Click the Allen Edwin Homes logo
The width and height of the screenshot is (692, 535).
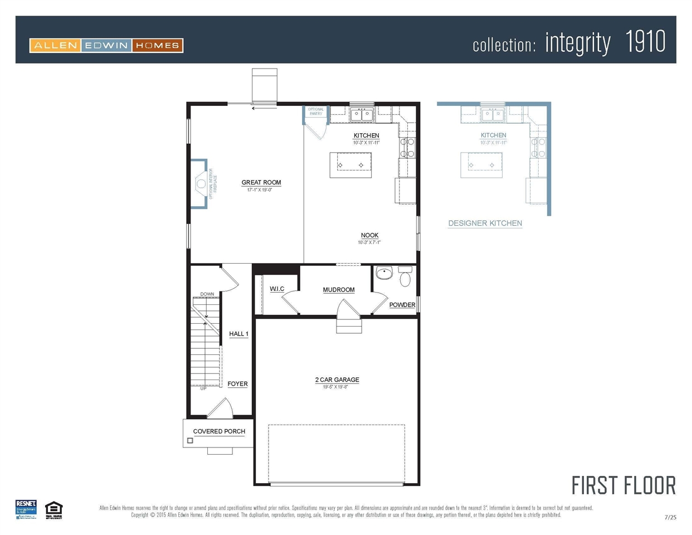coord(106,45)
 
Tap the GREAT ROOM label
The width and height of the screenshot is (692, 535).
coord(261,182)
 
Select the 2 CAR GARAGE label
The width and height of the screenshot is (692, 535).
coord(337,380)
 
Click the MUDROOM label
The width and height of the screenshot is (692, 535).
coord(338,290)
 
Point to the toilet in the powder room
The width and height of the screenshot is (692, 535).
coord(405,276)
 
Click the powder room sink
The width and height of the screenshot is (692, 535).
coord(384,273)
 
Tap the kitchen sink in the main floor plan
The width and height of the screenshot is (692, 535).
coord(362,115)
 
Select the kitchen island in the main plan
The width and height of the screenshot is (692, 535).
coord(350,165)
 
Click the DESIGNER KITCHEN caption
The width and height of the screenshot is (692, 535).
coord(485,223)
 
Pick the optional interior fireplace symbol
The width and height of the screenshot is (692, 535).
coord(201,183)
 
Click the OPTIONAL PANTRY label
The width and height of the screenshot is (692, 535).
coord(316,111)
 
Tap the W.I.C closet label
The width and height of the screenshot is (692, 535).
coord(277,289)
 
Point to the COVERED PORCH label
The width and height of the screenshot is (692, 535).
coord(219,431)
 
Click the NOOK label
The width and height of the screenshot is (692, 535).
coord(369,235)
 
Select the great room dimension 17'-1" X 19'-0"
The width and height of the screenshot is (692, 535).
coord(260,190)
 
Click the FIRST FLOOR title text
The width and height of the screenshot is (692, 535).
coord(623,485)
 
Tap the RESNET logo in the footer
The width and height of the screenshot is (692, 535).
coord(26,509)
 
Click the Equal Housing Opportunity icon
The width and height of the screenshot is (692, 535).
coord(53,509)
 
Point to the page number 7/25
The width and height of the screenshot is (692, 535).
coord(670,517)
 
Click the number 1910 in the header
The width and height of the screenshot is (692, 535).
coord(645,42)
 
